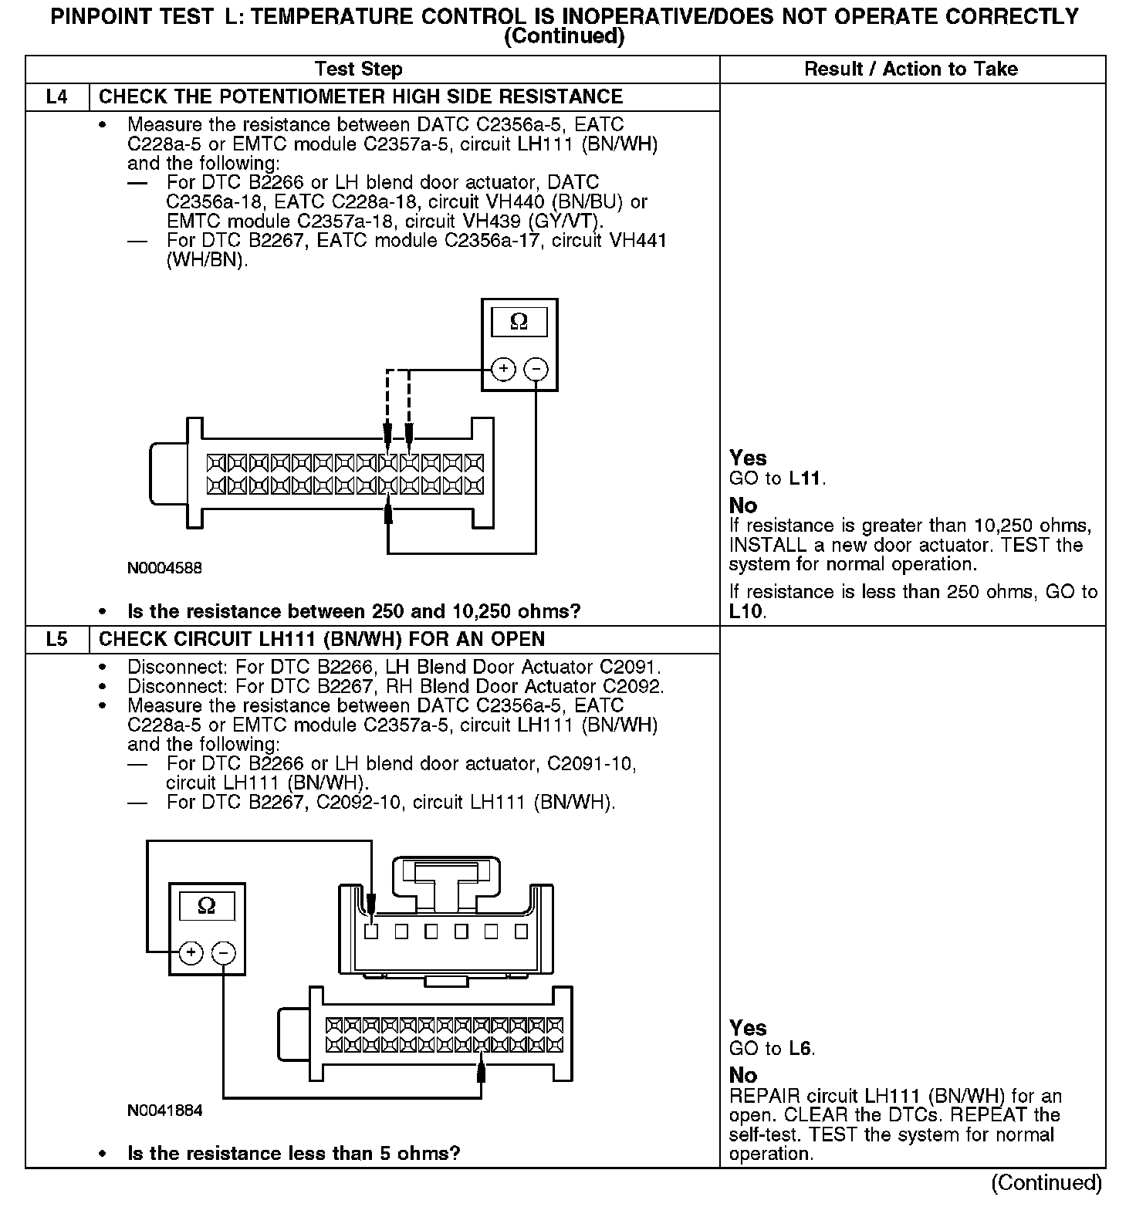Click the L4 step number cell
(x=57, y=97)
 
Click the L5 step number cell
(x=57, y=640)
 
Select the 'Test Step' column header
(x=359, y=69)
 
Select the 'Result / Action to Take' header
(x=911, y=69)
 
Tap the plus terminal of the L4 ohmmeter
(x=503, y=370)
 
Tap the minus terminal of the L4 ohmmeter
(x=536, y=370)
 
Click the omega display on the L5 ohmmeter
(x=207, y=905)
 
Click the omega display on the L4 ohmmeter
(x=519, y=322)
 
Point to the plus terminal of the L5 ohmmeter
(x=191, y=953)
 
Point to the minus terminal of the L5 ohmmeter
(x=223, y=953)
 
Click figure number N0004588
(x=165, y=568)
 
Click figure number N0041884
(x=165, y=1111)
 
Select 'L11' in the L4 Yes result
(x=806, y=478)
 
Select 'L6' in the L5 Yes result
(x=801, y=1049)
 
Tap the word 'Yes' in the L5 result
(x=748, y=1029)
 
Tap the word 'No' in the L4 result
(x=743, y=506)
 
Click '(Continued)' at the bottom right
(x=1046, y=1183)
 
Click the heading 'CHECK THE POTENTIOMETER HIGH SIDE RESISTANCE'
(x=360, y=97)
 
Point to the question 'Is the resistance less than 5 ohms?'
(x=293, y=1154)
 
